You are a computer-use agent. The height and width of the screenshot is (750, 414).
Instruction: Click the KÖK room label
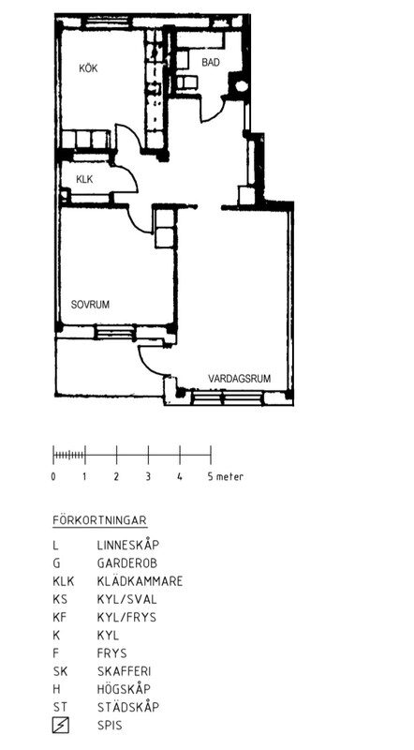tap(88, 68)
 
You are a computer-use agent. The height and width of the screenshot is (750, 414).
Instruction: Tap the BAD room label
tap(211, 62)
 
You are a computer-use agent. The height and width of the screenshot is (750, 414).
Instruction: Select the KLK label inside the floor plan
tap(84, 180)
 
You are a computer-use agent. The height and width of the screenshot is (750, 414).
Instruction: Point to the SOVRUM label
tap(90, 304)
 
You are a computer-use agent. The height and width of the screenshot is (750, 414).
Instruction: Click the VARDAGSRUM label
tap(239, 379)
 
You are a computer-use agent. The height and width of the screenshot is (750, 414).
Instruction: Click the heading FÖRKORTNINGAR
tap(100, 521)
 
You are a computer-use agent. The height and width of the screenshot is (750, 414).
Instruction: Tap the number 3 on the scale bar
tap(148, 476)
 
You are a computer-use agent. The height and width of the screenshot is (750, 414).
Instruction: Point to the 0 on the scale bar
tap(53, 476)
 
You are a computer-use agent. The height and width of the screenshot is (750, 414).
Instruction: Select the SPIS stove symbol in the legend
tap(60, 725)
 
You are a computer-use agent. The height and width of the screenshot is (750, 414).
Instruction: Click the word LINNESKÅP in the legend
tap(127, 545)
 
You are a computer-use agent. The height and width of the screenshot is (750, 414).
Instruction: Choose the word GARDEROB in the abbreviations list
tap(126, 563)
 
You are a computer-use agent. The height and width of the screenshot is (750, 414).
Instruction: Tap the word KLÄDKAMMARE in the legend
tap(140, 580)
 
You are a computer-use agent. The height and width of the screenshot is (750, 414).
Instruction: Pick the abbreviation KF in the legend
tap(59, 617)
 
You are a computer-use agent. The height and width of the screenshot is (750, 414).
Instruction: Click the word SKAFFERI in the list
tap(124, 671)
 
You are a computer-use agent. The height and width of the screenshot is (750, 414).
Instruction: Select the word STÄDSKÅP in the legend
tap(127, 707)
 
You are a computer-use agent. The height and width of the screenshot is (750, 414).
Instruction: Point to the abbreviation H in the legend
tap(56, 689)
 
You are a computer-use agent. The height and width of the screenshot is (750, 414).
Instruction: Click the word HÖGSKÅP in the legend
tap(124, 688)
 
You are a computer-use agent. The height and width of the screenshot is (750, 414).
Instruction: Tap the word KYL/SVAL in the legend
tap(126, 599)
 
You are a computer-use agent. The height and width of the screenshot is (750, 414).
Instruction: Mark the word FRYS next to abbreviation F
tap(111, 652)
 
